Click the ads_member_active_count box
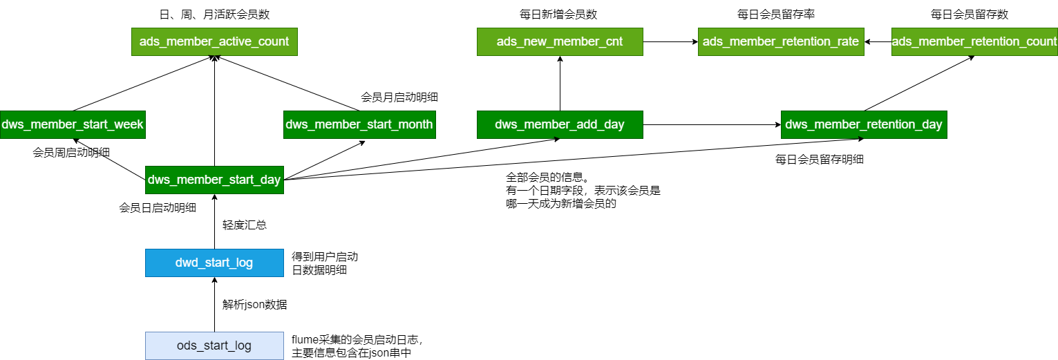point(214,41)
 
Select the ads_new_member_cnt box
point(560,41)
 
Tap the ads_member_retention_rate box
point(781,41)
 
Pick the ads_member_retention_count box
point(974,41)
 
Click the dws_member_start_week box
point(72,124)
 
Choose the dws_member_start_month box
point(359,124)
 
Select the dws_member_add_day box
point(560,124)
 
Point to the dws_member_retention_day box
point(864,124)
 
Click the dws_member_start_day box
point(214,180)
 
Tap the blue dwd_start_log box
point(214,263)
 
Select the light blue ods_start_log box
point(214,345)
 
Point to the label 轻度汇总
point(245,225)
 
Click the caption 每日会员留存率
point(780,14)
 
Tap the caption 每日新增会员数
point(559,14)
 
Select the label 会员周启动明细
point(73,152)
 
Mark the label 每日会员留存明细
point(820,159)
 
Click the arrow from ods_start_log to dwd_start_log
point(214,304)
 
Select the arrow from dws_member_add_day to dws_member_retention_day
point(712,124)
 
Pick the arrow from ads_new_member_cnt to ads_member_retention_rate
point(670,41)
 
